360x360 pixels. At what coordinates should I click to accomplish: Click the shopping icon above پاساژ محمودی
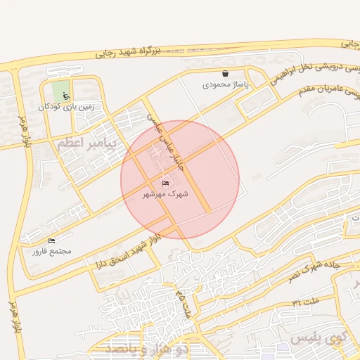[225, 73]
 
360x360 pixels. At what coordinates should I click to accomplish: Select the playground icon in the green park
[66, 95]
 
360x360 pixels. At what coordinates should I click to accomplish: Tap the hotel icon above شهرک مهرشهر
[165, 183]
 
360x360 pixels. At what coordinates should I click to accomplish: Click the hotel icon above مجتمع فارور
[51, 240]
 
